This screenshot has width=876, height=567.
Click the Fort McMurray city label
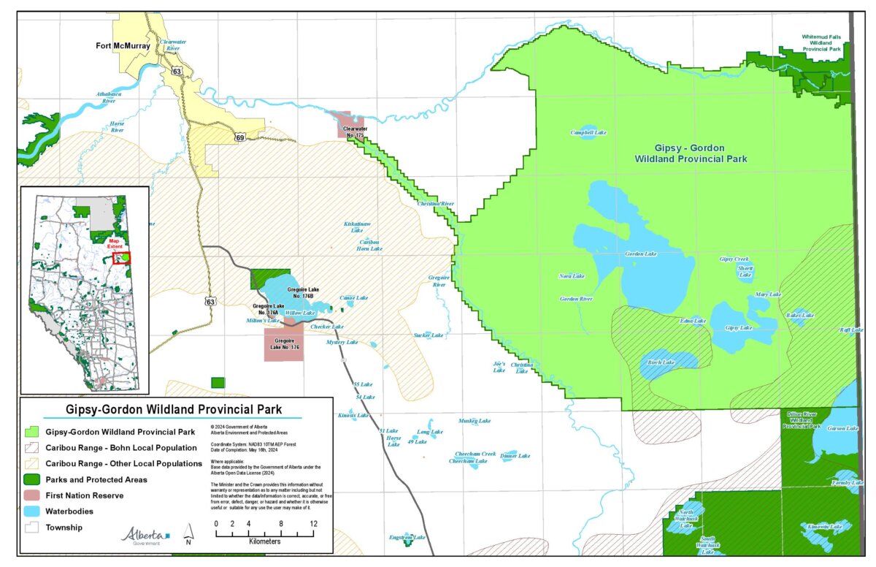click(123, 46)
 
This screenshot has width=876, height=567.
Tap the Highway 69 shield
click(239, 137)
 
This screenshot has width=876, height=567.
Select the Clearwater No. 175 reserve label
click(353, 132)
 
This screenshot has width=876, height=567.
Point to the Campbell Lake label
click(588, 133)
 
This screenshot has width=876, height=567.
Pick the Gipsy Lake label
click(738, 328)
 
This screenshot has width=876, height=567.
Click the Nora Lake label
click(572, 276)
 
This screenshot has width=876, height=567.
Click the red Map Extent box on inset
click(121, 258)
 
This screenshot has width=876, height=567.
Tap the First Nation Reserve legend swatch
click(31, 495)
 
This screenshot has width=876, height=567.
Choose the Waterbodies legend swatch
click(31, 511)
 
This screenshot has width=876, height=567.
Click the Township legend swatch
click(31, 527)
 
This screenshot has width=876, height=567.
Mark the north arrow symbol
click(189, 533)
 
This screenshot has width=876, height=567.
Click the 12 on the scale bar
click(312, 525)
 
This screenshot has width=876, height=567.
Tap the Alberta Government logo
click(145, 536)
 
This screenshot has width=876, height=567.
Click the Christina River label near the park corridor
click(436, 204)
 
